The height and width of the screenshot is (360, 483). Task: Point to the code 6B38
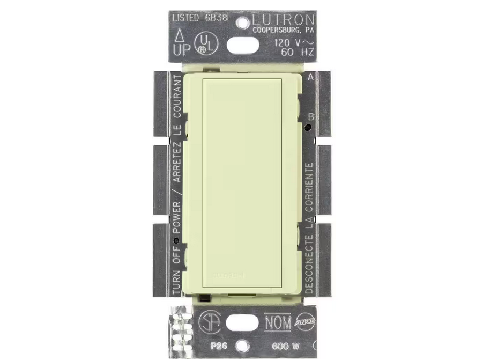click(x=218, y=18)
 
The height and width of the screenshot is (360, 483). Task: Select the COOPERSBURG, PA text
click(x=284, y=30)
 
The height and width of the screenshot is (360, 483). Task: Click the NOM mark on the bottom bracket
click(x=277, y=322)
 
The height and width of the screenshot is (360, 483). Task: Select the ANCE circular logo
click(x=304, y=321)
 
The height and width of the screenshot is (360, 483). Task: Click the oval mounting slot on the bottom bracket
click(x=241, y=322)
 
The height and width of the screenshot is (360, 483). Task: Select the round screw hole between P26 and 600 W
click(x=242, y=346)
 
